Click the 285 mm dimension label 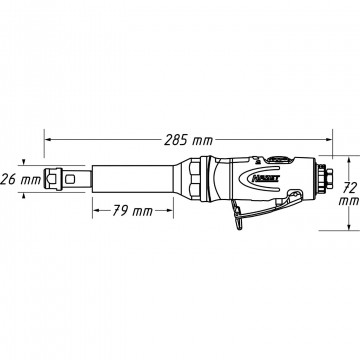pos(188,141)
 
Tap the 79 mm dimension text pos(132,211)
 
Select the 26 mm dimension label pos(21,180)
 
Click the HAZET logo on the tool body pos(266,179)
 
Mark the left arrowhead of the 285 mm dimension pos(48,140)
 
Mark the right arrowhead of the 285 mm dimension pos(329,140)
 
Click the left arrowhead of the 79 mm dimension pos(96,210)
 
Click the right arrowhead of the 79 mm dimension pos(170,210)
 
